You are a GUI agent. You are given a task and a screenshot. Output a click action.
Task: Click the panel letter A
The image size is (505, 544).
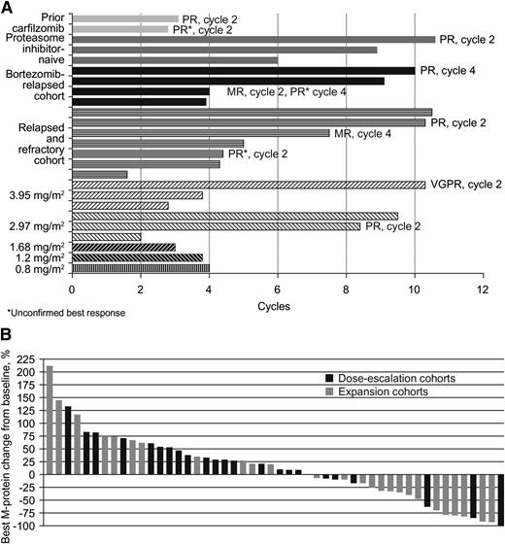[7, 7]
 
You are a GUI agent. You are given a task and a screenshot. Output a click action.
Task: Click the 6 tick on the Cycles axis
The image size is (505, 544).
[277, 289]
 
